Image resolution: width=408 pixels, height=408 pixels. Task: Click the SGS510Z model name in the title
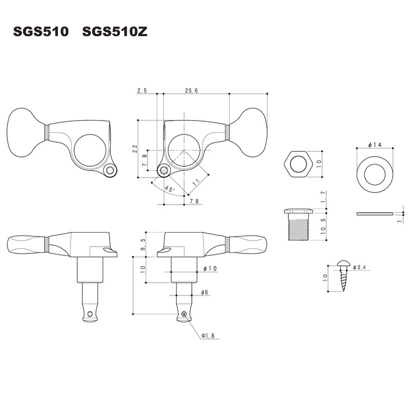coord(115,31)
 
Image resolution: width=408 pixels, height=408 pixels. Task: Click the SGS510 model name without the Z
coord(41,31)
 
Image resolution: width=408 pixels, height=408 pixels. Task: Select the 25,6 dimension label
coord(192,90)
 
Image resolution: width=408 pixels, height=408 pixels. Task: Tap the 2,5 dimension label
coord(142,90)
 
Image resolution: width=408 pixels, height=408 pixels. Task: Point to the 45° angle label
coord(169,189)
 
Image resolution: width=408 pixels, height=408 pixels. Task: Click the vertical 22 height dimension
coord(135,149)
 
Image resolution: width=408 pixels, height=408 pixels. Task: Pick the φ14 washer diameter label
coord(375,145)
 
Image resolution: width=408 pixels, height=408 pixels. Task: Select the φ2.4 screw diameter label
coord(360,267)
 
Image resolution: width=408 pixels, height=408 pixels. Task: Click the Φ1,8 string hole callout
coord(208,336)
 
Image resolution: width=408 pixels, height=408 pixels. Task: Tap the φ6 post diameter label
coord(205,292)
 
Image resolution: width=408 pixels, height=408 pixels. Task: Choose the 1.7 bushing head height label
coord(323,197)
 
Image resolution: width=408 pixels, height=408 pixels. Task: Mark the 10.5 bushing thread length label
coord(323,226)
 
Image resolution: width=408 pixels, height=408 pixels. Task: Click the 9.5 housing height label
coord(143,244)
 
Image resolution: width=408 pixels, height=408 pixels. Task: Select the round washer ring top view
coord(375,175)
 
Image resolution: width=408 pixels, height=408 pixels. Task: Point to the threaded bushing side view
coord(298,224)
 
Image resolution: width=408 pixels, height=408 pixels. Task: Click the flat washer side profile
coord(375,214)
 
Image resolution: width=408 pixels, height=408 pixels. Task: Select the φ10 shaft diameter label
coord(210,268)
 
